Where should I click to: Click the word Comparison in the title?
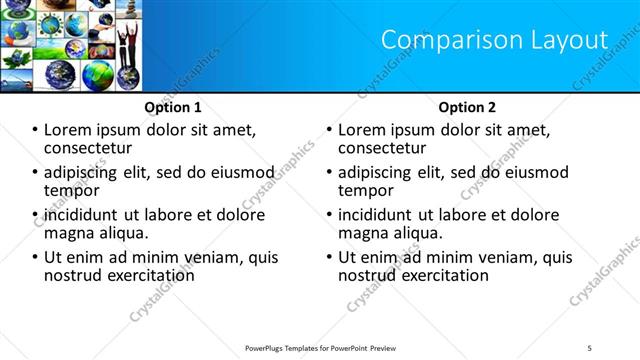pyautogui.click(x=445, y=40)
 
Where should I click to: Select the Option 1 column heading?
pyautogui.click(x=172, y=107)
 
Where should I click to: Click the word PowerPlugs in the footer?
pyautogui.click(x=269, y=348)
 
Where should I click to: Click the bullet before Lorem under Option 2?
pyautogui.click(x=329, y=130)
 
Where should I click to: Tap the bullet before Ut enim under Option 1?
pyautogui.click(x=36, y=258)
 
